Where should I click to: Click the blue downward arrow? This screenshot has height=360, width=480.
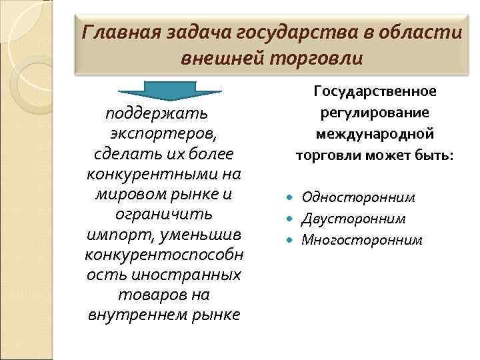pyautogui.click(x=170, y=92)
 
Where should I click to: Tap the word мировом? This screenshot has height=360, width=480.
pyautogui.click(x=131, y=196)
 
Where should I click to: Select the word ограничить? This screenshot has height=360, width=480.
pyautogui.click(x=164, y=216)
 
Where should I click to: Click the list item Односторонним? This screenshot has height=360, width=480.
pyautogui.click(x=358, y=197)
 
